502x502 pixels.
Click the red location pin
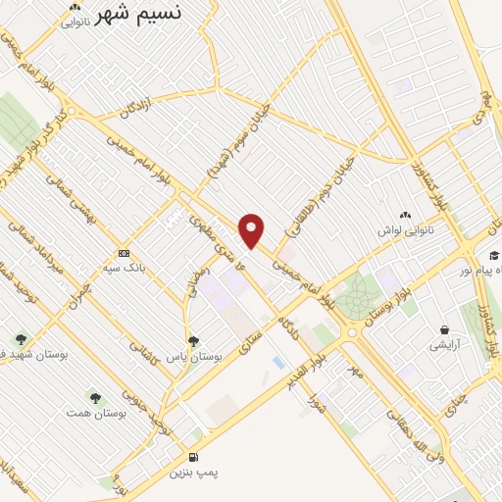pyautogui.click(x=253, y=230)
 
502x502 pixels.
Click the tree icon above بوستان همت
pyautogui.click(x=95, y=398)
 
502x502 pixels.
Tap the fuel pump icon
pyautogui.click(x=192, y=457)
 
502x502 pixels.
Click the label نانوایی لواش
pyautogui.click(x=403, y=231)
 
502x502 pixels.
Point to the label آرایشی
pyautogui.click(x=447, y=345)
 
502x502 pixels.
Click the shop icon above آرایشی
pyautogui.click(x=446, y=329)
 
